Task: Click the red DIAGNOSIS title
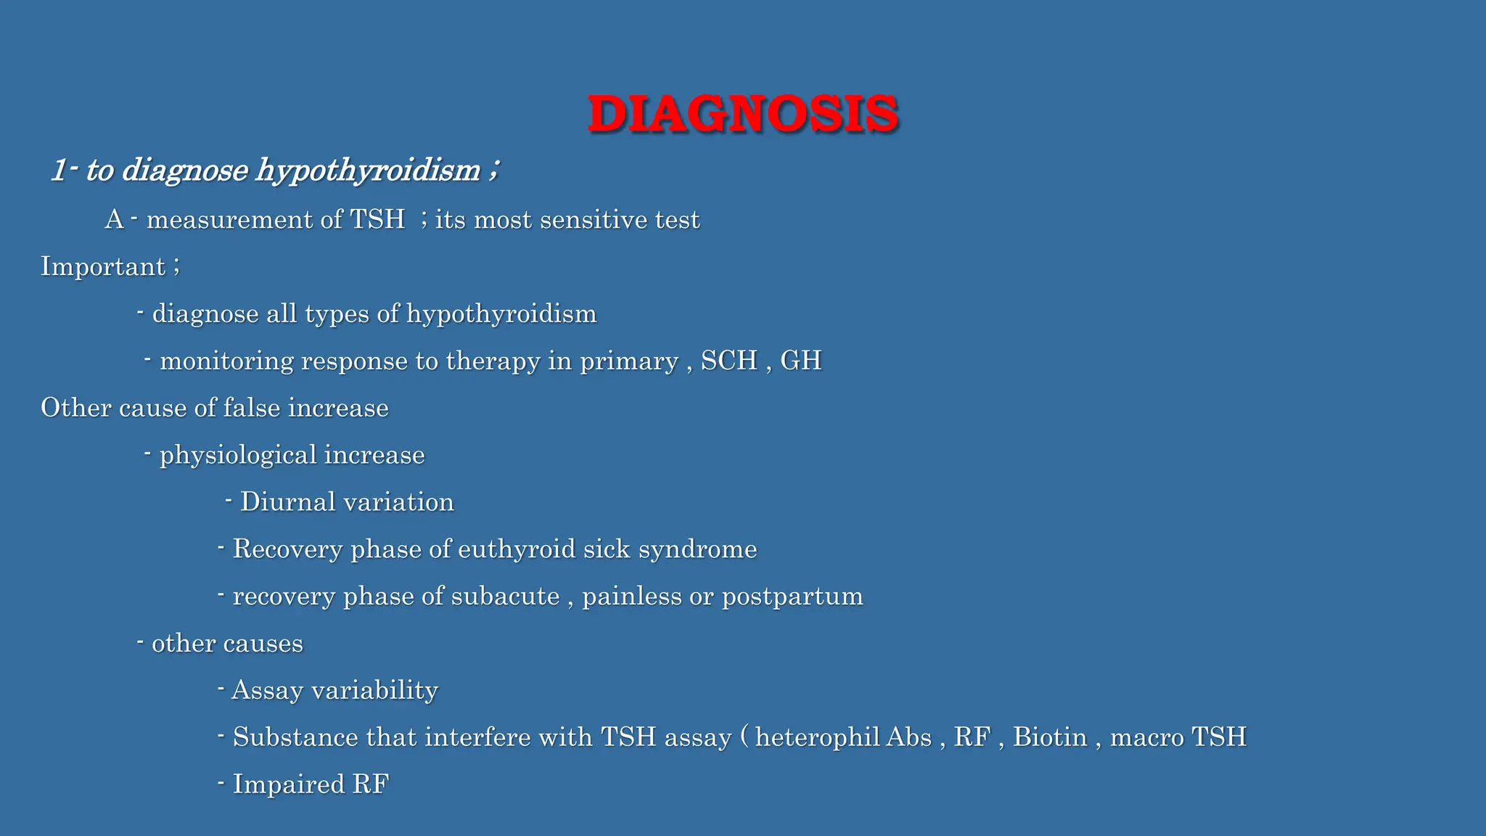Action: [x=743, y=114]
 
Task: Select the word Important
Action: [x=103, y=266]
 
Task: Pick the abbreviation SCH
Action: [x=728, y=361]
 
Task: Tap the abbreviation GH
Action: [x=800, y=361]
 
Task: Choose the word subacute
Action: [x=506, y=597]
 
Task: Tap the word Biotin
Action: [x=1050, y=737]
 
